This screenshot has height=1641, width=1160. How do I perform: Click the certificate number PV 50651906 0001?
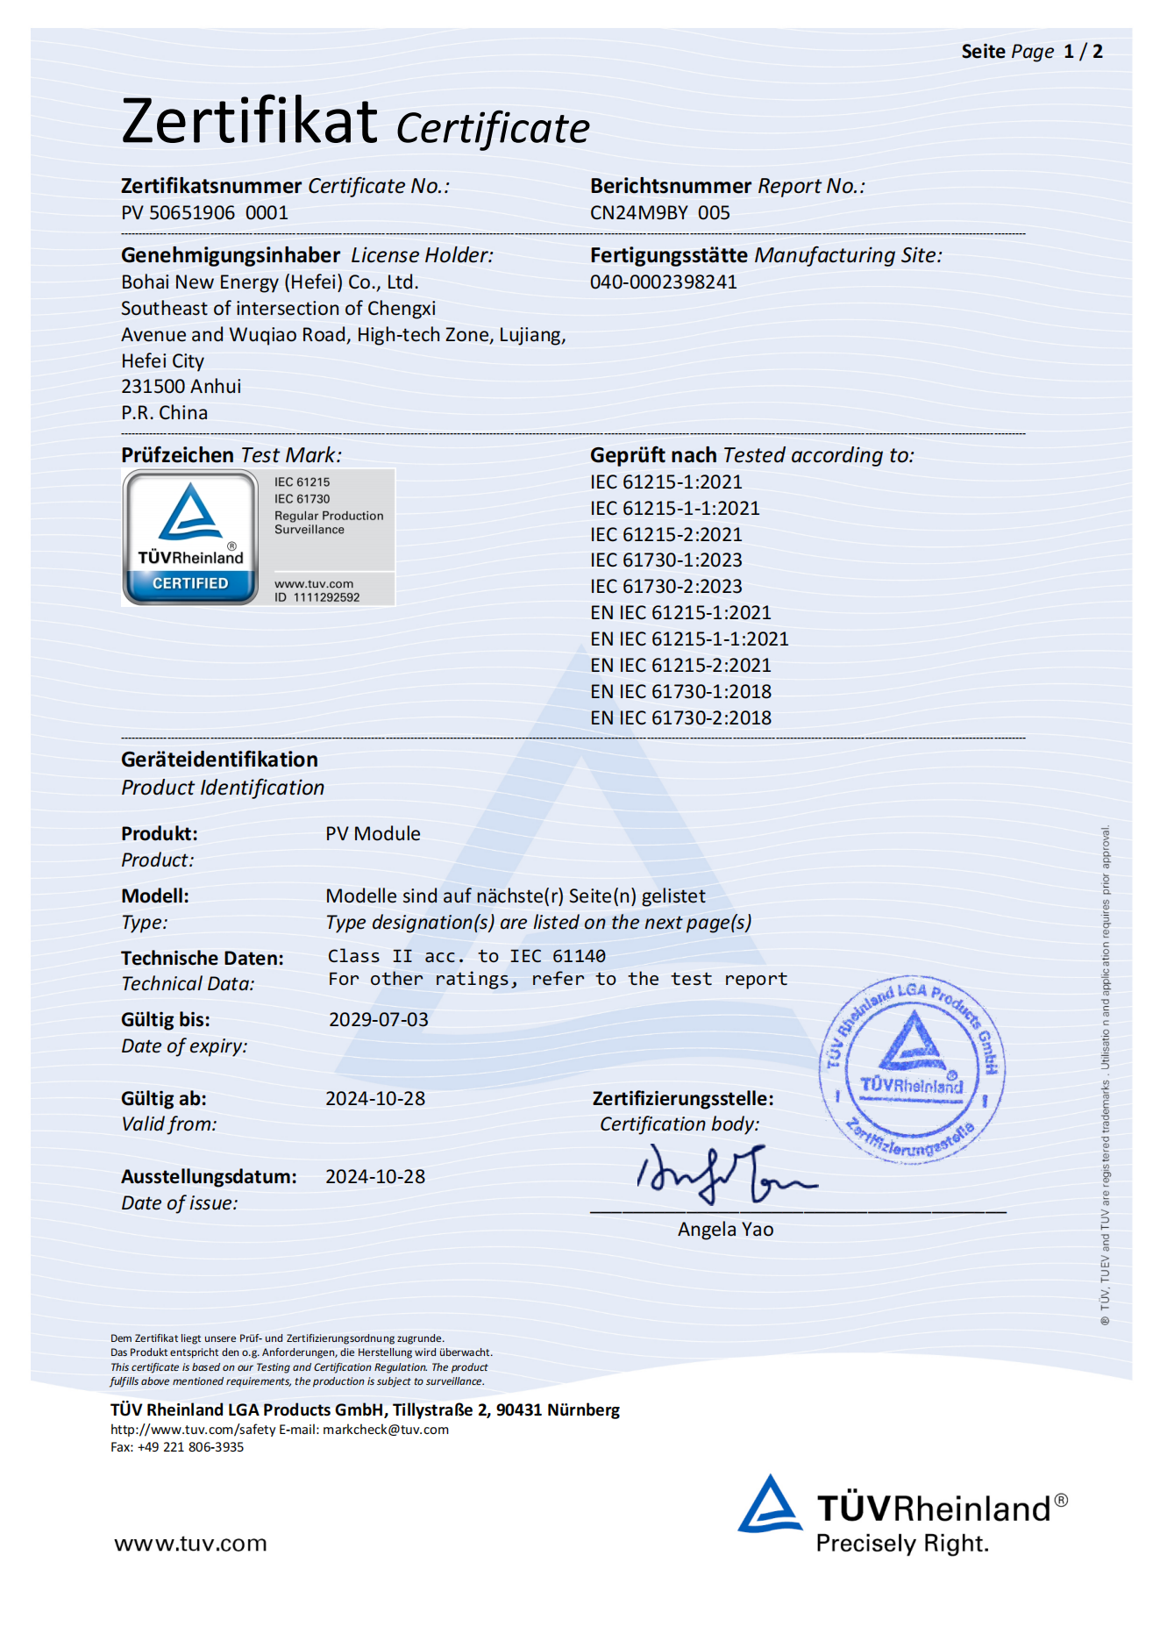204,213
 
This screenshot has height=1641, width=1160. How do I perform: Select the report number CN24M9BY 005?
659,213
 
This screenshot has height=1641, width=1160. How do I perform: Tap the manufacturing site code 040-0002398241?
663,282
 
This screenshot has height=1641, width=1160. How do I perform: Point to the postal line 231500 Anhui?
181,387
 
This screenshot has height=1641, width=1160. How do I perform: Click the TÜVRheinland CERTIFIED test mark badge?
191,538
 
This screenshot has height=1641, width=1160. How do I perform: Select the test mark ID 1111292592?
317,598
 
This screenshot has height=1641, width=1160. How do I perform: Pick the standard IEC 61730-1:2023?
665,560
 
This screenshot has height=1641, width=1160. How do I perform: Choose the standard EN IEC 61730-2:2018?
680,718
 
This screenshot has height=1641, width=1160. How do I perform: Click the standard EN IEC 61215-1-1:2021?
689,639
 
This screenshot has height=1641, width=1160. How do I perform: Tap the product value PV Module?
373,834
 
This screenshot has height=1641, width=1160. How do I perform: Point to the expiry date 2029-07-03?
378,1020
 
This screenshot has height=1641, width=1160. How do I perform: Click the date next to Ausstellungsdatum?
374,1177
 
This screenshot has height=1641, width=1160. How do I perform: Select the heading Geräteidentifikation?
219,760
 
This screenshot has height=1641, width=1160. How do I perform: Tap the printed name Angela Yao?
725,1230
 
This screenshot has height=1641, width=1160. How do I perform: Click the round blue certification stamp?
912,1070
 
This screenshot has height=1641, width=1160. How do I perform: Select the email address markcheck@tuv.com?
386,1430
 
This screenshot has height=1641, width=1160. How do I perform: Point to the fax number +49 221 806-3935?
190,1447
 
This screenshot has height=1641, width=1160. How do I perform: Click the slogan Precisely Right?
901,1544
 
